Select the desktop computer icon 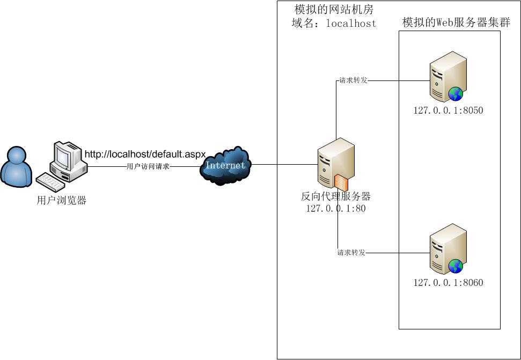point(67,164)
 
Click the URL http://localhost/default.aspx point(145,155)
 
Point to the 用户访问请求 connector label point(148,167)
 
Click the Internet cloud point(225,165)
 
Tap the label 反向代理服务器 point(336,196)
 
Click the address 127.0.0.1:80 point(336,209)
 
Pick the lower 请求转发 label point(351,253)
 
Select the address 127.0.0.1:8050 point(448,111)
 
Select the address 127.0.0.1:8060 point(448,283)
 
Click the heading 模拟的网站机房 point(334,10)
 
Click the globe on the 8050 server point(456,94)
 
